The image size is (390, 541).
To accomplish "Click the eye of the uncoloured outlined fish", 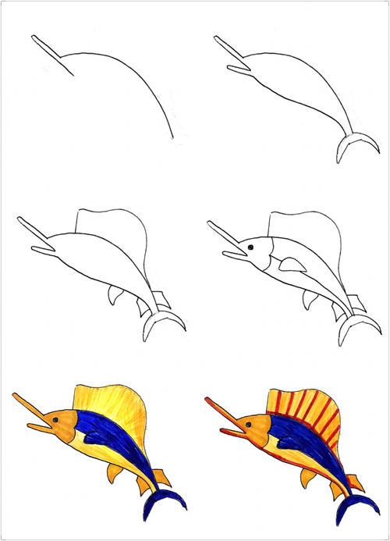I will [251, 249].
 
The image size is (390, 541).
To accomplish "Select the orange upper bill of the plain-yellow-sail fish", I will [28, 408].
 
